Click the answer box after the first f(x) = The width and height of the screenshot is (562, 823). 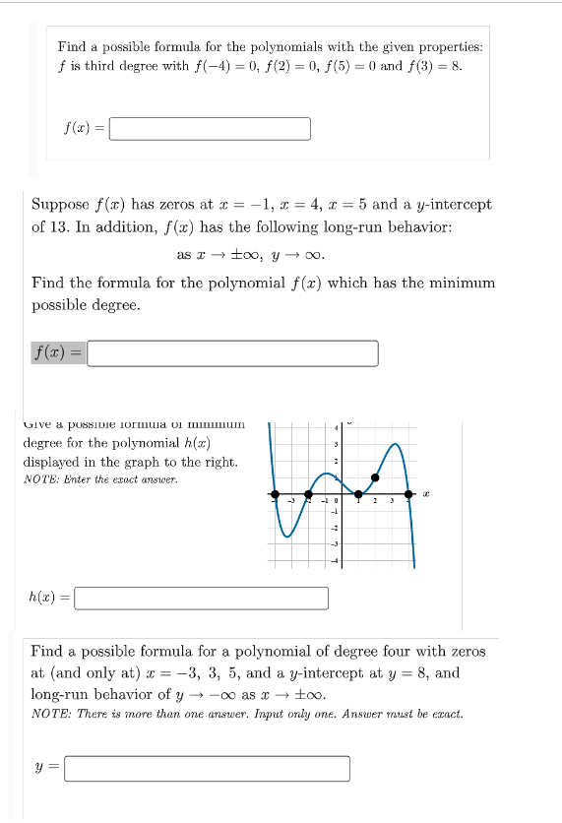coord(210,129)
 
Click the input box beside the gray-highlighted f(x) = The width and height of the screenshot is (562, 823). coord(232,353)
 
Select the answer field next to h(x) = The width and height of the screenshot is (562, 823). coord(202,598)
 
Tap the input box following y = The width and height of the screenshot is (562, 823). coord(208,768)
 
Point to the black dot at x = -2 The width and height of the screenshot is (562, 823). coord(309,493)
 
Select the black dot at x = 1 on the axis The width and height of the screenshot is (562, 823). coord(359,493)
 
